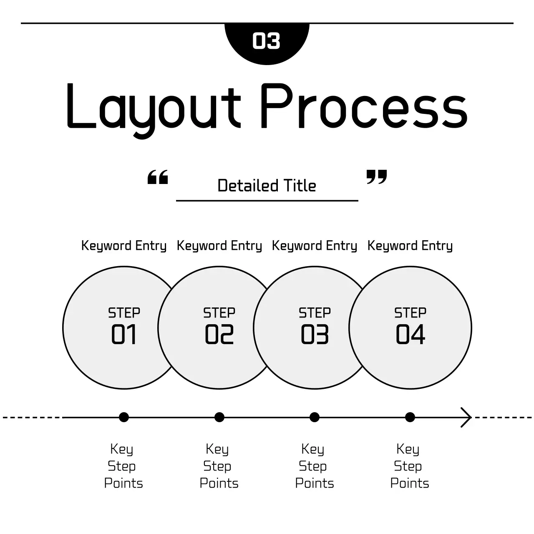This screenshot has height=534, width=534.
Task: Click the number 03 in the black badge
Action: pos(266,41)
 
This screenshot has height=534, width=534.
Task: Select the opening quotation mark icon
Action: pos(158,177)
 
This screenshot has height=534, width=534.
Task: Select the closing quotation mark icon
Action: pos(377,177)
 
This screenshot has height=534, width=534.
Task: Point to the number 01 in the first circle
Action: pos(124,335)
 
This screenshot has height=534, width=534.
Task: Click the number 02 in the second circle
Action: pos(219,335)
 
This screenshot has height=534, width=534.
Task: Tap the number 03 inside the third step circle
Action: pos(315,335)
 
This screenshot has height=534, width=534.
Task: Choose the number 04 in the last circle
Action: pos(410,335)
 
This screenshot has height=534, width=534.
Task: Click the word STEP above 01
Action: pos(124,313)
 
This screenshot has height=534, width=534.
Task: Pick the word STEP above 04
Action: pos(410,313)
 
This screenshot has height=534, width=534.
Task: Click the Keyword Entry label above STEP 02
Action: pos(219,246)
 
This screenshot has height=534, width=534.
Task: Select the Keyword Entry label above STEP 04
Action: pos(410,246)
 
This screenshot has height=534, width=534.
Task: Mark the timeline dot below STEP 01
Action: pos(124,417)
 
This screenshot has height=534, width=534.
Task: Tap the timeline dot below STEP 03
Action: pos(315,417)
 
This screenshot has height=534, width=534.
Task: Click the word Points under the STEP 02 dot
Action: pos(219,483)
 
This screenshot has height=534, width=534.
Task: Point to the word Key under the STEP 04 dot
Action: pos(408,449)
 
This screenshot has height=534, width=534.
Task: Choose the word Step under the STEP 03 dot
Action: pos(312,466)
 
